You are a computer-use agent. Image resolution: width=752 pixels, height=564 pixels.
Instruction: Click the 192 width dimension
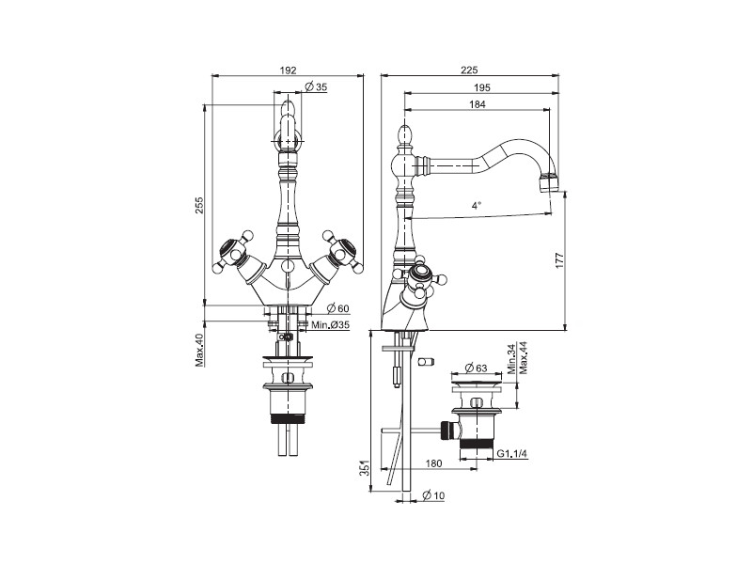point(288,70)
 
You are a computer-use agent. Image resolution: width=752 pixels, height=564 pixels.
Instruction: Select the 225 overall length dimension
point(469,70)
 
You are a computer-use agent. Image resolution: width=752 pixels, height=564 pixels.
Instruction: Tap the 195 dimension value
point(482,87)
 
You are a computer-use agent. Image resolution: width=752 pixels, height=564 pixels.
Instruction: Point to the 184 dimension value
point(478,104)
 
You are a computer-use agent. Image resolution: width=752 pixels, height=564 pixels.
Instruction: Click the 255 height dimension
point(199,205)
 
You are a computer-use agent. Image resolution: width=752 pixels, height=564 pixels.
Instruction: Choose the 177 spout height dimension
point(559,260)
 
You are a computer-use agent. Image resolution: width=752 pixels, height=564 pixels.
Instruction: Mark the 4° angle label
point(476,206)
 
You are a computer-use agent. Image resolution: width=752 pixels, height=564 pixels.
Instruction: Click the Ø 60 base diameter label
point(338,308)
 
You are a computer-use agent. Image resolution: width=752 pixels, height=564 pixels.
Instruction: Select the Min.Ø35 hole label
point(331,324)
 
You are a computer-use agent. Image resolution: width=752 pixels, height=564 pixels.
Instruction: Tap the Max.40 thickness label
point(199,350)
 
